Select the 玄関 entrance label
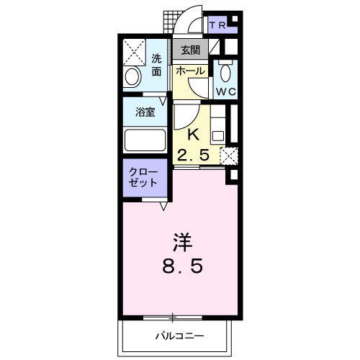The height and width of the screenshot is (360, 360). [x=190, y=50]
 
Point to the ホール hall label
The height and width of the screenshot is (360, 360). [x=189, y=71]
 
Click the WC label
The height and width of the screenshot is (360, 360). [x=225, y=92]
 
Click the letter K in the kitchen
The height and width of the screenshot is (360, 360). [x=193, y=134]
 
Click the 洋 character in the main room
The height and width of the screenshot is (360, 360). [x=181, y=240]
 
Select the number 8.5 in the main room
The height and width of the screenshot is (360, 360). [x=181, y=266]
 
